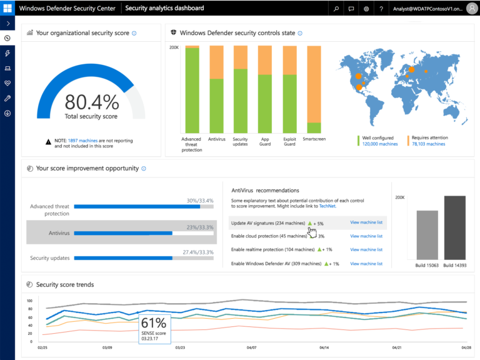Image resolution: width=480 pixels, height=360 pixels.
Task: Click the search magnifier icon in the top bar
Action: pos(336,9)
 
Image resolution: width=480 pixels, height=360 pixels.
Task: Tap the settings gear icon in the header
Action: pos(366,9)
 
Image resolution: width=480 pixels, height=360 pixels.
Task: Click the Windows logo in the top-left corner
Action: pos(7,8)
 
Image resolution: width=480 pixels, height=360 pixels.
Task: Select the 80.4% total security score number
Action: pos(91,102)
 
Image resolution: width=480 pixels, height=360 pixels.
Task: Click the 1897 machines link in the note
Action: pos(81,141)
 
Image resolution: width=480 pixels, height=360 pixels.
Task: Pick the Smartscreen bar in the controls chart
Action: pos(314,89)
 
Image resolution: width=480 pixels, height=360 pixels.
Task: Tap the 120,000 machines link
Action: pos(380,144)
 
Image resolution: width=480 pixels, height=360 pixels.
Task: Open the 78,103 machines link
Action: pos(428,144)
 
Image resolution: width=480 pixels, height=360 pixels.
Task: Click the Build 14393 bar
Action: pos(454,227)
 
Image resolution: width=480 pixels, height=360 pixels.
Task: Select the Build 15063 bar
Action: pos(427,234)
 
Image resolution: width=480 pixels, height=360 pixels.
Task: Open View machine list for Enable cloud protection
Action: pos(366,236)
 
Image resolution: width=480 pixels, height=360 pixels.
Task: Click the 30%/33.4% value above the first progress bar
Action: pos(200,201)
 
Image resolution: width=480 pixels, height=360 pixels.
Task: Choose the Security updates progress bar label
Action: pos(50,257)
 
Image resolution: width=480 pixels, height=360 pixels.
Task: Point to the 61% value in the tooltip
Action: pos(154,322)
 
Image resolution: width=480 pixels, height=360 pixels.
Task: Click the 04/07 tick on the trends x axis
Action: pos(252,347)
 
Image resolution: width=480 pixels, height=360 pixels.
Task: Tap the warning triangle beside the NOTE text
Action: pos(48,142)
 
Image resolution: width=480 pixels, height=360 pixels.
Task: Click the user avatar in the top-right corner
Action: pos(471,9)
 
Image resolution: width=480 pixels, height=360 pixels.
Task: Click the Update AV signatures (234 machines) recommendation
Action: pos(267,222)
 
